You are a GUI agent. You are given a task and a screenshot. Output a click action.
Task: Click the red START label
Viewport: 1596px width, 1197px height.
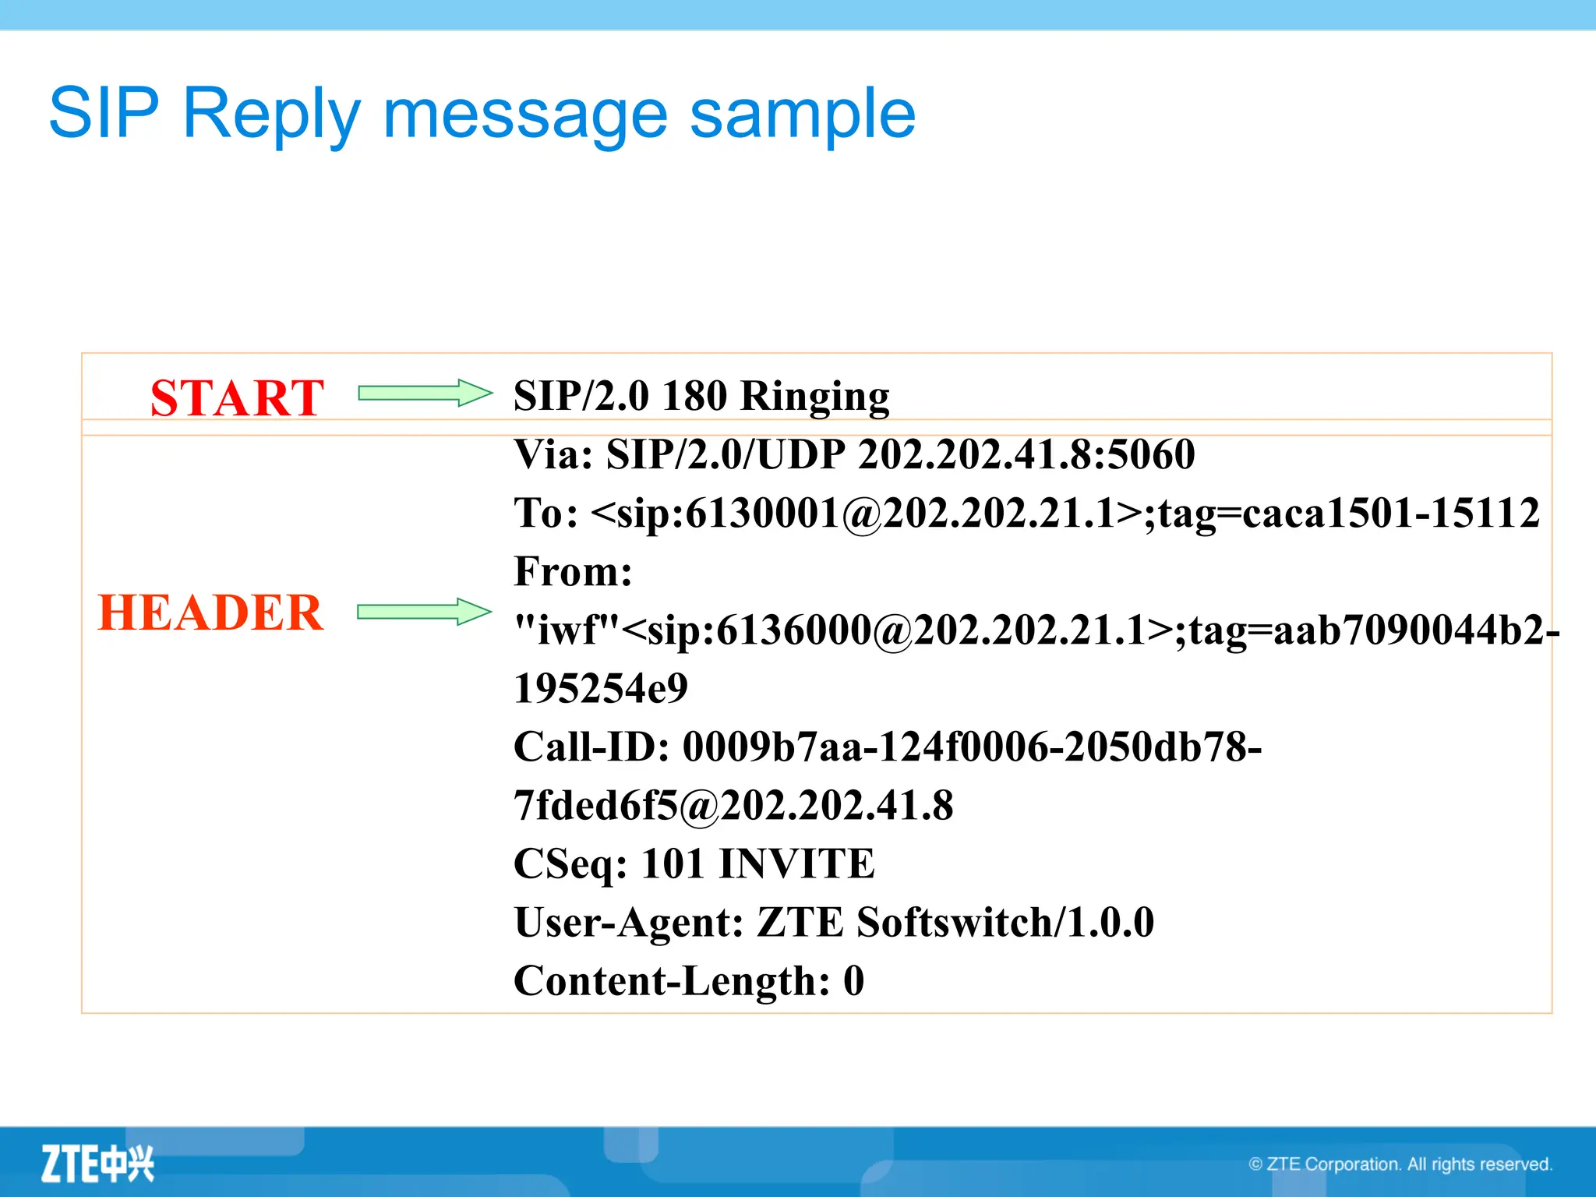(237, 397)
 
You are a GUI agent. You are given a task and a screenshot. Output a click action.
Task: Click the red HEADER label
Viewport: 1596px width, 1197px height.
(210, 612)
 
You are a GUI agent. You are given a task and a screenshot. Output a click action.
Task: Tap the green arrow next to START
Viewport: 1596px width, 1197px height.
(425, 394)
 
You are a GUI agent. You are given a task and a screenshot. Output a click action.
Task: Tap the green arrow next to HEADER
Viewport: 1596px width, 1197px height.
(425, 612)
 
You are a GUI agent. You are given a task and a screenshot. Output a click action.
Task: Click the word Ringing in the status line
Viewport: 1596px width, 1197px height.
(814, 396)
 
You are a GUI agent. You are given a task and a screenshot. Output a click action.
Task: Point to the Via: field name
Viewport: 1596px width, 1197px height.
(554, 454)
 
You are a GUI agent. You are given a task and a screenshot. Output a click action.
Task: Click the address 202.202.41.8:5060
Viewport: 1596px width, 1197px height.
(1026, 454)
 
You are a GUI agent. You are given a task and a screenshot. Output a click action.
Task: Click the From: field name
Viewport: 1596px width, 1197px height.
(573, 571)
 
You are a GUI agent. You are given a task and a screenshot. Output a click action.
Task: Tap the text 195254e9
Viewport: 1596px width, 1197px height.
(601, 688)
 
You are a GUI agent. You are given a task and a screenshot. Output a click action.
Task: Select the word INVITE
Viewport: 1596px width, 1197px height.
(796, 863)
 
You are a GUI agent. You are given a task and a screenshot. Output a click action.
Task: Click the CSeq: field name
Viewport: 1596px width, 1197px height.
(570, 863)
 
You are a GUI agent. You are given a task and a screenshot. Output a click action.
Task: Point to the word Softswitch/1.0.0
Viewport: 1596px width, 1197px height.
(1005, 922)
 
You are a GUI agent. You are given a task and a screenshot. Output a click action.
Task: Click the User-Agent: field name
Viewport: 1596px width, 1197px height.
(629, 922)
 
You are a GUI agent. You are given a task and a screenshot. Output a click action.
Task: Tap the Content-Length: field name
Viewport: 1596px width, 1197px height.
(672, 980)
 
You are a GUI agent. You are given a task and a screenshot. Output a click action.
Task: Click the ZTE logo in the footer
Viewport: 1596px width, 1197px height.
(97, 1164)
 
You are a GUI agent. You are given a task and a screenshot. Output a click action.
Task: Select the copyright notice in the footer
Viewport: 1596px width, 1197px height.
(1400, 1164)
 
